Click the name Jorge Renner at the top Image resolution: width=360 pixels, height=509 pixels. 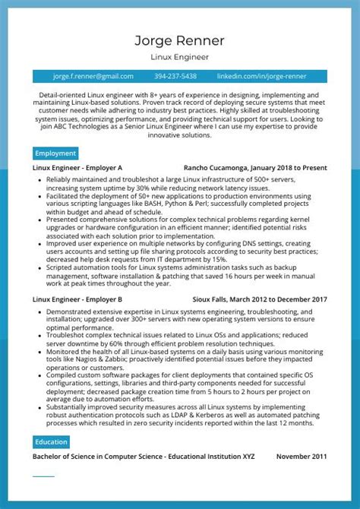point(180,39)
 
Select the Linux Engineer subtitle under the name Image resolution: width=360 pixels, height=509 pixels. point(180,57)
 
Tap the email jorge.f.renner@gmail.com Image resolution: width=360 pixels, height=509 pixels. point(93,76)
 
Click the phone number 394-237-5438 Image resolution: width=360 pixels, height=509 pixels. point(175,76)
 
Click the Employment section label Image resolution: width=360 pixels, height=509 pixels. point(55,153)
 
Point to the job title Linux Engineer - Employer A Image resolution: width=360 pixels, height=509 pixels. point(77,168)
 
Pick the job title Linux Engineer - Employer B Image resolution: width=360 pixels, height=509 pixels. point(77,299)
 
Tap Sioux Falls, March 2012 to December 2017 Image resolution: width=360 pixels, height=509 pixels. point(260,299)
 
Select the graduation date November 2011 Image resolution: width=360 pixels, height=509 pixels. point(302,457)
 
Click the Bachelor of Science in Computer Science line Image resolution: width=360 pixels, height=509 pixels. point(144,457)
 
